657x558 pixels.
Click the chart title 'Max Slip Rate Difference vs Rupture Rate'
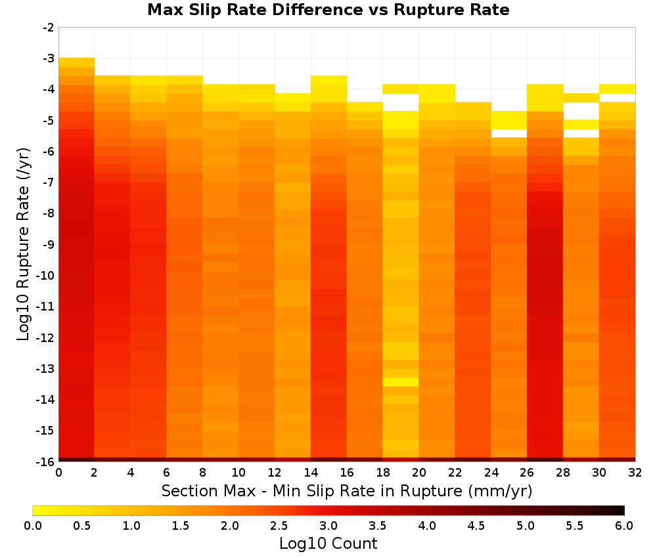pyautogui.click(x=328, y=10)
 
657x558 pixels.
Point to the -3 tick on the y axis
pyautogui.click(x=49, y=58)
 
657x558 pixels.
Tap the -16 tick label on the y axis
pyautogui.click(x=46, y=461)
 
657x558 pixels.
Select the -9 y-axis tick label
pyautogui.click(x=49, y=244)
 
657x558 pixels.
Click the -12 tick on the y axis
pyautogui.click(x=46, y=337)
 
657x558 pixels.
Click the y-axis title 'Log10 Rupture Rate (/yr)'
pyautogui.click(x=24, y=244)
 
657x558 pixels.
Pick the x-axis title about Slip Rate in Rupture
pyautogui.click(x=347, y=490)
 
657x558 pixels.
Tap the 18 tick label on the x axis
pyautogui.click(x=382, y=473)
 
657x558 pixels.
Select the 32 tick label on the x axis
pyautogui.click(x=635, y=473)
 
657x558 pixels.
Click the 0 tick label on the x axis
pyautogui.click(x=58, y=473)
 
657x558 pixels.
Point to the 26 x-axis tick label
pyautogui.click(x=527, y=473)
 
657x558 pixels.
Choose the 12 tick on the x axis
pyautogui.click(x=275, y=473)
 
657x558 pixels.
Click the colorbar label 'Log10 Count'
pyautogui.click(x=328, y=544)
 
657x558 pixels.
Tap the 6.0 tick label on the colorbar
pyautogui.click(x=624, y=526)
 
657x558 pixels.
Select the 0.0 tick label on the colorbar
pyautogui.click(x=33, y=526)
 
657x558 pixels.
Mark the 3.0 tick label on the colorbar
pyautogui.click(x=328, y=526)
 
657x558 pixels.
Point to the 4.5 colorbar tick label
pyautogui.click(x=476, y=526)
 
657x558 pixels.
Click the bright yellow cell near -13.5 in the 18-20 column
pyautogui.click(x=401, y=382)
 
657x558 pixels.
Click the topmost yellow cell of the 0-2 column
pyautogui.click(x=77, y=62)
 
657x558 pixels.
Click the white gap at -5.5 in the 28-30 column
pyautogui.click(x=581, y=133)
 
